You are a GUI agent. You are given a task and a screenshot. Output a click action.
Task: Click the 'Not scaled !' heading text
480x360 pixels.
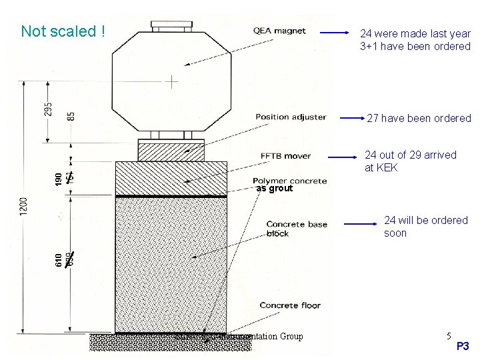(63, 31)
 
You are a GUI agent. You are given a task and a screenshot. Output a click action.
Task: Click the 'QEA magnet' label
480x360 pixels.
(279, 30)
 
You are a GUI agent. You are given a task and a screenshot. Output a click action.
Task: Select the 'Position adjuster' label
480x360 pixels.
(290, 117)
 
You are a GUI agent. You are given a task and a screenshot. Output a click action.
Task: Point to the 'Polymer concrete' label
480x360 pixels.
(289, 181)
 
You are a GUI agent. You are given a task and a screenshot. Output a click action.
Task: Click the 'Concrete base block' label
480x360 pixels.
(297, 229)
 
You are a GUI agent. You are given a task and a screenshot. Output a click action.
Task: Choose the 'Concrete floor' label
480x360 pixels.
(290, 305)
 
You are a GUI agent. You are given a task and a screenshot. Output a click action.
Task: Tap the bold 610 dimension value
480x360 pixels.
(59, 259)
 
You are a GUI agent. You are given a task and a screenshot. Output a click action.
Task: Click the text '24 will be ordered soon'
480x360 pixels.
(425, 227)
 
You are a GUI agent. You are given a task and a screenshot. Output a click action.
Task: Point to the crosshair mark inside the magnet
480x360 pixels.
(172, 82)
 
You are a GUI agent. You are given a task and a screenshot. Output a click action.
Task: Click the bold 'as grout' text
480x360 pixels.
(274, 189)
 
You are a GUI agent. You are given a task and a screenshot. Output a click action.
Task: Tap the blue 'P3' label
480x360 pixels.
(463, 347)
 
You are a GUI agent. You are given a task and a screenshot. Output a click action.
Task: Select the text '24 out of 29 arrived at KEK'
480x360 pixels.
(410, 161)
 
